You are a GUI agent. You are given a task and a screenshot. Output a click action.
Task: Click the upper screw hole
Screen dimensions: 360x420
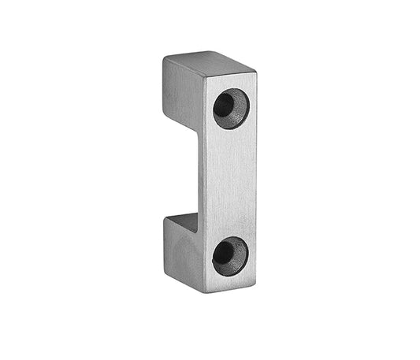tap(231, 109)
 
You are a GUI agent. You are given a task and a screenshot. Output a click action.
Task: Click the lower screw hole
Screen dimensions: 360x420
tap(230, 255)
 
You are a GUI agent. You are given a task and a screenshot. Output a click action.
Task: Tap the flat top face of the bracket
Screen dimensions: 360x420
tap(208, 62)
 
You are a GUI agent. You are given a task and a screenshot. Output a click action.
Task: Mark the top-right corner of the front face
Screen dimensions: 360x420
tap(256, 73)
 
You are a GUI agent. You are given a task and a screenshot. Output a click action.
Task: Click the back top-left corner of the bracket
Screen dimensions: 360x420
tap(165, 58)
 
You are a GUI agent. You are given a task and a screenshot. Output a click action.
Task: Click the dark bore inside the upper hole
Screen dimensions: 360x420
tap(225, 105)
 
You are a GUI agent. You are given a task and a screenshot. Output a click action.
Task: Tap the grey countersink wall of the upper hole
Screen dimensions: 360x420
tap(238, 115)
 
